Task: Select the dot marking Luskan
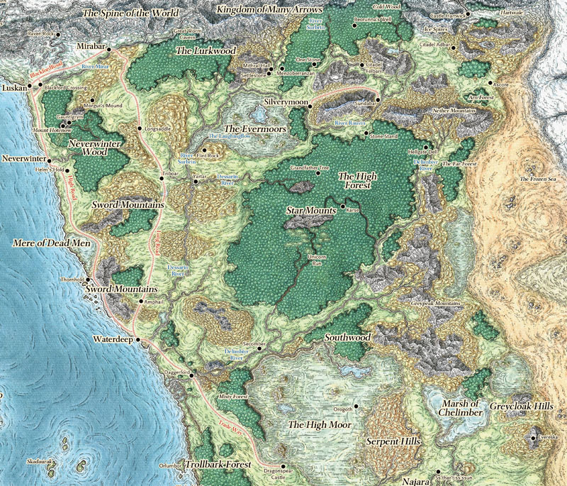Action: tap(30, 87)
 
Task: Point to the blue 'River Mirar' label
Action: tap(97, 65)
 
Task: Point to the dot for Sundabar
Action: tap(378, 100)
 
